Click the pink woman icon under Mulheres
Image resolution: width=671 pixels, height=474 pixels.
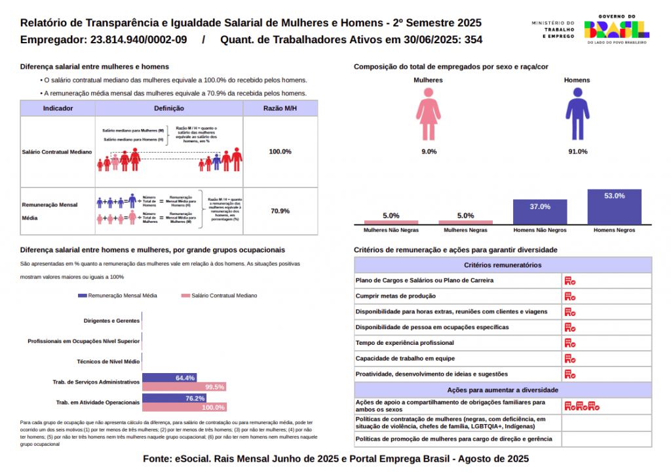(x=429, y=115)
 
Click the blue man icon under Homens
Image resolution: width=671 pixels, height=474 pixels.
(x=577, y=115)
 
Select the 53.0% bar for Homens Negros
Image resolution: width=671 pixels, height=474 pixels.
(x=614, y=206)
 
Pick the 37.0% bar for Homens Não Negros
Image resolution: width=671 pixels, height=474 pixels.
(x=540, y=211)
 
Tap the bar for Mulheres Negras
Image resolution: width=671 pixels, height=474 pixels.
(x=465, y=222)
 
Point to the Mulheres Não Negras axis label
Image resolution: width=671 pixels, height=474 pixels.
(x=391, y=231)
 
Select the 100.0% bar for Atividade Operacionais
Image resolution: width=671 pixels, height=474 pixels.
(x=184, y=407)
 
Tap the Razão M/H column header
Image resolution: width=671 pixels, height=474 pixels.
(x=280, y=108)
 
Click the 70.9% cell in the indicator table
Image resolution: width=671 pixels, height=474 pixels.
(x=280, y=211)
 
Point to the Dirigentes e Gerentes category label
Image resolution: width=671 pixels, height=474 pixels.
(x=111, y=321)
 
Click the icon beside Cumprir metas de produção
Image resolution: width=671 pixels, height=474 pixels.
(x=570, y=296)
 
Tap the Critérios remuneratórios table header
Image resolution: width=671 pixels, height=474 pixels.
(x=503, y=266)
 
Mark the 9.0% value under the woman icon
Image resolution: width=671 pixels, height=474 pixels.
(x=429, y=151)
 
